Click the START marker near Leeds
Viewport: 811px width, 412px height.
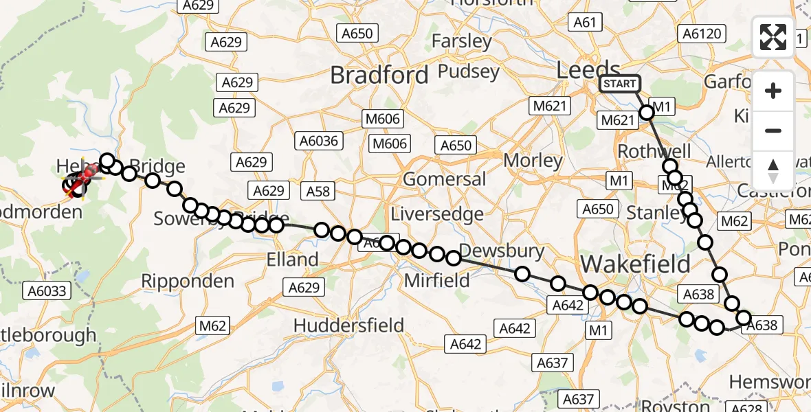click(619, 84)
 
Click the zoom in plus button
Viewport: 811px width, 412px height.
click(773, 91)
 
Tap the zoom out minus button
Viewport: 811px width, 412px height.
click(773, 131)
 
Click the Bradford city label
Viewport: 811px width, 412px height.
click(379, 75)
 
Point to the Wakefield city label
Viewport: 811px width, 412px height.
click(636, 264)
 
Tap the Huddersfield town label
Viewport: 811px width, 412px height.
click(348, 325)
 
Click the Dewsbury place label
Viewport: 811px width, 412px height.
click(502, 251)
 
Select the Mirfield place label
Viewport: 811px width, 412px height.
click(437, 280)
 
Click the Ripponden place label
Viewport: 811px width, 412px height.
click(188, 281)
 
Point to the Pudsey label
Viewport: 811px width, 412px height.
click(462, 71)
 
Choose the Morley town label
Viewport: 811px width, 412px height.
click(533, 160)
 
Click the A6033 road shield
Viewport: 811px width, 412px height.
click(47, 291)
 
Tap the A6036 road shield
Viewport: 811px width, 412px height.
click(318, 141)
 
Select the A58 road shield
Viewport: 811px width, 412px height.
click(318, 192)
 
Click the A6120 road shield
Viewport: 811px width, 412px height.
click(700, 33)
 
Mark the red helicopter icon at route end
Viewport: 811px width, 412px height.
click(79, 181)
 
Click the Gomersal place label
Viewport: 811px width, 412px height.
click(444, 179)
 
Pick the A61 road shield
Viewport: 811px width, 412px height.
click(584, 23)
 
